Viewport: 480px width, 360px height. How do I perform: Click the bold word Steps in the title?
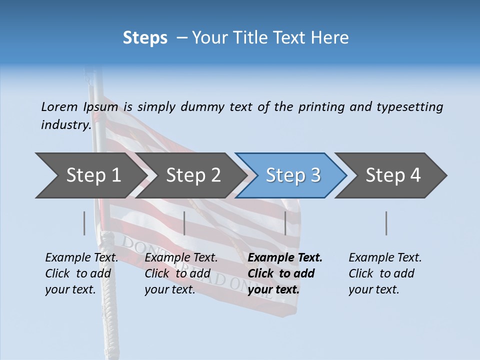[145, 38]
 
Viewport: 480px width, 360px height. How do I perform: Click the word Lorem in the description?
[59, 107]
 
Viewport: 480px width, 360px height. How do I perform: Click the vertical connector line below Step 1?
[84, 223]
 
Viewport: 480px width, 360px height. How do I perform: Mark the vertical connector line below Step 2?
[184, 223]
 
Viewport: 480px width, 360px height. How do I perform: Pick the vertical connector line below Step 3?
[285, 223]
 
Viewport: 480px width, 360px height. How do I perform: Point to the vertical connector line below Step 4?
[386, 223]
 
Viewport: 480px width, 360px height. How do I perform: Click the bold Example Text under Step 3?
[285, 258]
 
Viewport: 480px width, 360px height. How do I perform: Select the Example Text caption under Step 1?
[81, 258]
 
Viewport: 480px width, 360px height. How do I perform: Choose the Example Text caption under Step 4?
[385, 258]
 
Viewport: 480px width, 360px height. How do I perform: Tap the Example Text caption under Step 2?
[181, 258]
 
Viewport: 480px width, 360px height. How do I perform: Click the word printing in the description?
[322, 107]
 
